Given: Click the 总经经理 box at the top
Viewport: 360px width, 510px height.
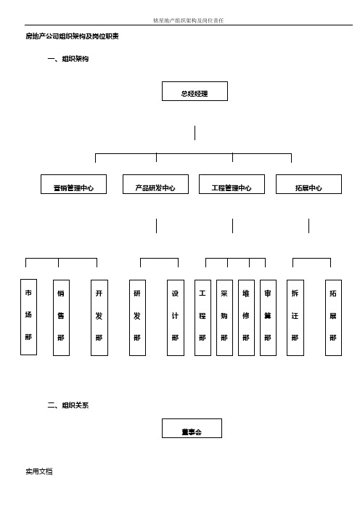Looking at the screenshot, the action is pos(195,91).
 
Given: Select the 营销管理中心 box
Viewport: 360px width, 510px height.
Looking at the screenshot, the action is pos(73,184).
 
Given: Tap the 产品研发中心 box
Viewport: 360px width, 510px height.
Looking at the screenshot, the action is pos(155,184).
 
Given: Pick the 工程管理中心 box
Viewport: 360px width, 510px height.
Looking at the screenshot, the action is pos(232,184).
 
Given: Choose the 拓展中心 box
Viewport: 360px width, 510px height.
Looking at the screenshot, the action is pos(308,184).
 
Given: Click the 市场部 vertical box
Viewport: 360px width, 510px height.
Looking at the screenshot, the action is pos(28,317).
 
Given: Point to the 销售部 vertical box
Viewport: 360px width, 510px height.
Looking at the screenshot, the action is pos(61,317).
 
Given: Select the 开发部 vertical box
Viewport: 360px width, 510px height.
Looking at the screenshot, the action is pos(99,317).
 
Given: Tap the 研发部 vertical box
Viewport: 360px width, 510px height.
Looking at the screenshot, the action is pos(137,317).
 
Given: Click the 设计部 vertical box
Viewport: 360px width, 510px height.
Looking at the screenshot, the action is pos(176,317).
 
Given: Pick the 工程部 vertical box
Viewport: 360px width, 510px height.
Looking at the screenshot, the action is pos(202,317).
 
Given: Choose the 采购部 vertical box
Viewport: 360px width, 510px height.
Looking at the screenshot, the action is pos(224,317).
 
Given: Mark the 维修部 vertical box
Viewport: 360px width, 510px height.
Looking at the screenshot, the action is pos(246,317).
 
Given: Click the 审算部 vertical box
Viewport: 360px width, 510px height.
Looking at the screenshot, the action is pos(268,317).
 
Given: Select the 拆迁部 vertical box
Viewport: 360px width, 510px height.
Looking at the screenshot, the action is pos(295,317).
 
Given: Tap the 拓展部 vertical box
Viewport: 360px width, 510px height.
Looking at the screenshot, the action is pos(333,317).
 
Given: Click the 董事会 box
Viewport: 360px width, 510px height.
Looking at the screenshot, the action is pos(192,429).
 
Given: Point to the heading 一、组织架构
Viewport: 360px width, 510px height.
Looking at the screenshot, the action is pos(68,59).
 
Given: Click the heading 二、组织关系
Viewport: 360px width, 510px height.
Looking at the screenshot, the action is pos(68,405).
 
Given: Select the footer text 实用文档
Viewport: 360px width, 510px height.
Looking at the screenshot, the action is pos(39,471).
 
